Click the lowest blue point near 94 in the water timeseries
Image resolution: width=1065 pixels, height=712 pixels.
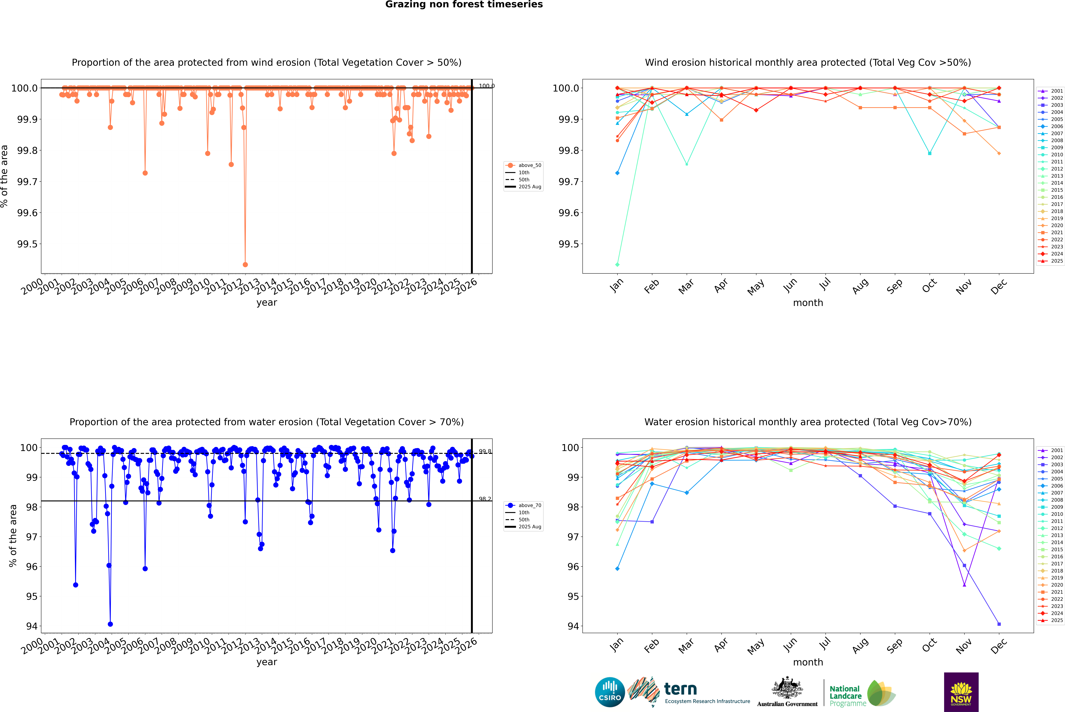(x=110, y=624)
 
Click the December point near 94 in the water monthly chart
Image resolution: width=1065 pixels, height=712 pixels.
(x=999, y=624)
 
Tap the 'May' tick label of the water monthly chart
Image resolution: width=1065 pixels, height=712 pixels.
(x=755, y=646)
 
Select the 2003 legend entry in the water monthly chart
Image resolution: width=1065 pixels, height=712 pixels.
(x=1056, y=465)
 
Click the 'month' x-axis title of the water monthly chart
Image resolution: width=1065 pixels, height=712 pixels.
(x=808, y=662)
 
